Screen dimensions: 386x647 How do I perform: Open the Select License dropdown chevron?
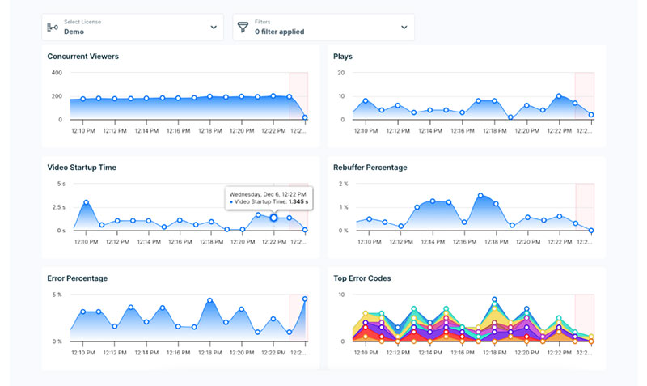[214, 28]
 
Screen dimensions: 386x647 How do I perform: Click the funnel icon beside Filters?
[242, 28]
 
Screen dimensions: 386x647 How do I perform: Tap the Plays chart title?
[343, 56]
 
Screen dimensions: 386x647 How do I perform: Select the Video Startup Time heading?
[82, 168]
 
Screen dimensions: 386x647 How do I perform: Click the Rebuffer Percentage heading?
[370, 168]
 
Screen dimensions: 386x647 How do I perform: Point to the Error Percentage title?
[78, 278]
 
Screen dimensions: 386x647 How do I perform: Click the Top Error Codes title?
[362, 278]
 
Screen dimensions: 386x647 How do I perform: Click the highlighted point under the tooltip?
[273, 218]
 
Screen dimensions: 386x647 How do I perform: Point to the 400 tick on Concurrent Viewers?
[57, 73]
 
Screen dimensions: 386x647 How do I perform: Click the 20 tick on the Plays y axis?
[341, 73]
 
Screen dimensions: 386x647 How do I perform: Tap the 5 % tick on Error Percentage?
[57, 295]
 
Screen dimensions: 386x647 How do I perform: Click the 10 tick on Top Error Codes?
[341, 295]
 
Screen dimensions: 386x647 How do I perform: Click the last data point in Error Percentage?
[305, 299]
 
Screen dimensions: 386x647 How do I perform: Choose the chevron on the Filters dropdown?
[404, 28]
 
